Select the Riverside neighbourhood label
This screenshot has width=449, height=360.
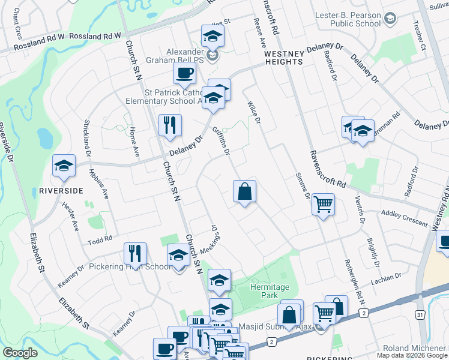61,191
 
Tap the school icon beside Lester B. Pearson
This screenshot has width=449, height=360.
391,19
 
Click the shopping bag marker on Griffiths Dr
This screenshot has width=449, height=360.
245,193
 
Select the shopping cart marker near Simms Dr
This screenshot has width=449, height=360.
323,205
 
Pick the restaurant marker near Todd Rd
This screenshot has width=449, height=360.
135,253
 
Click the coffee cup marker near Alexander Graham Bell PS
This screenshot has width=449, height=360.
184,73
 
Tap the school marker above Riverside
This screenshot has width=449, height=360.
64,166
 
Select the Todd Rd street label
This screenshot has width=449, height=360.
100,239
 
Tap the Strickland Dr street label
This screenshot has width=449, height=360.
88,134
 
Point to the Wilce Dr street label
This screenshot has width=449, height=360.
254,112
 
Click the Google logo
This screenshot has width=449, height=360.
20,353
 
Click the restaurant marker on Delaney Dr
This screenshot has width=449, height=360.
170,124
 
